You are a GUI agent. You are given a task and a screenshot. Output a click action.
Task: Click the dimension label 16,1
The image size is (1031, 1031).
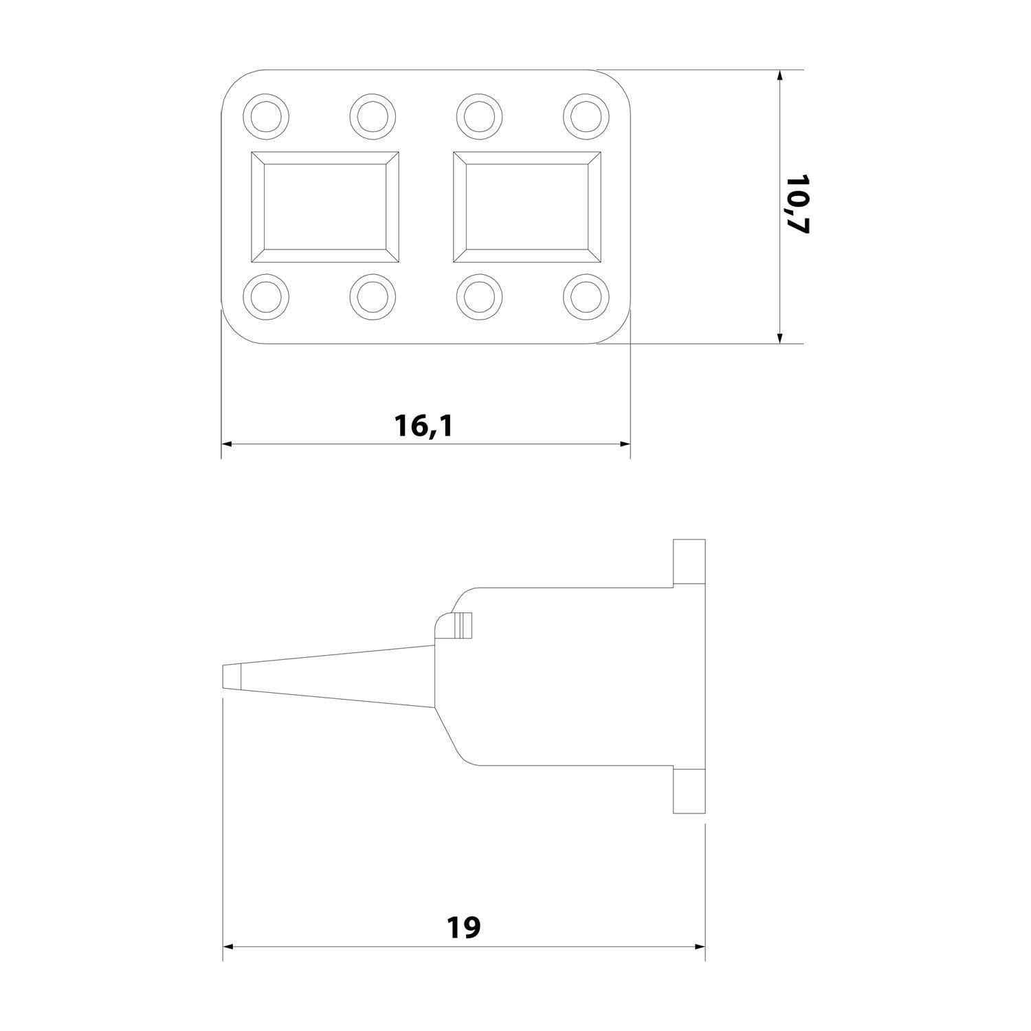point(424,426)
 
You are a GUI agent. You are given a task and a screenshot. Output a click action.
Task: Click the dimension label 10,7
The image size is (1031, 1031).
point(798,205)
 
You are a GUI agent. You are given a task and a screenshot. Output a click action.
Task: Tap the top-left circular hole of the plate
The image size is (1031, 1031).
point(266,115)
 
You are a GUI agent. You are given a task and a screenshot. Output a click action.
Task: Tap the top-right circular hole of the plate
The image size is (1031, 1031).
point(586,115)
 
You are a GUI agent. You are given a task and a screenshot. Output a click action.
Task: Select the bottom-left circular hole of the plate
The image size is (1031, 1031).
point(266,297)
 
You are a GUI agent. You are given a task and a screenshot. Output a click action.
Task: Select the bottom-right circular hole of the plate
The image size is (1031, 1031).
point(586,297)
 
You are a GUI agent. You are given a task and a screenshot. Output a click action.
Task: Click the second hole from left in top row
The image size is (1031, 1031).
point(373,115)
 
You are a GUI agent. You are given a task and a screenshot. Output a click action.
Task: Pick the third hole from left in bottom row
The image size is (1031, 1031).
point(479,297)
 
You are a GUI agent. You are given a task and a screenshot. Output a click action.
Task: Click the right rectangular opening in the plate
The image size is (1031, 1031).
point(527,207)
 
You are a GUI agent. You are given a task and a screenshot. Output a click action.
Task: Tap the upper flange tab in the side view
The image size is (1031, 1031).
point(689,562)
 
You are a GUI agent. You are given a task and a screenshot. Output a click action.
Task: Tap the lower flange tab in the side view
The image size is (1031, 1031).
point(689,791)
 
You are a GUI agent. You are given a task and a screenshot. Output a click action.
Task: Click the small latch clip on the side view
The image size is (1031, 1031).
point(458,624)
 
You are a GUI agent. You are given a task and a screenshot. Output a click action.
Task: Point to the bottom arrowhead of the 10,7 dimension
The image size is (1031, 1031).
point(779,337)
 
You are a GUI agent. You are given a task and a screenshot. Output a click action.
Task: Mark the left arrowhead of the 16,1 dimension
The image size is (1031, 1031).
point(227,444)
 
